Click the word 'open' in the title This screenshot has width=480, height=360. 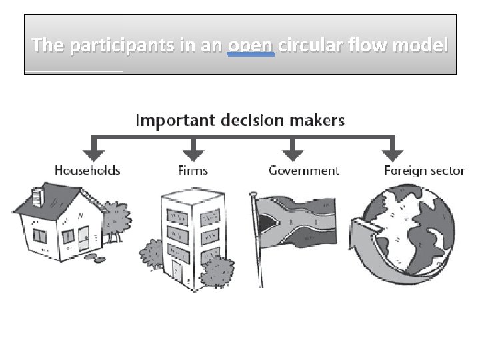(x=251, y=45)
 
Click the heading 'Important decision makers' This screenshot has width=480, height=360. (x=240, y=121)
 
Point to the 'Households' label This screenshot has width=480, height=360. (x=87, y=170)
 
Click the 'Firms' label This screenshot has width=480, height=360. (x=193, y=170)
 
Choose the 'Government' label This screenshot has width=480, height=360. (x=303, y=170)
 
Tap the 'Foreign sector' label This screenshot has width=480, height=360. (x=424, y=170)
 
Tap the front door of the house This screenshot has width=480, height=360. (x=83, y=239)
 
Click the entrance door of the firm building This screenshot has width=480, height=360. (x=177, y=270)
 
